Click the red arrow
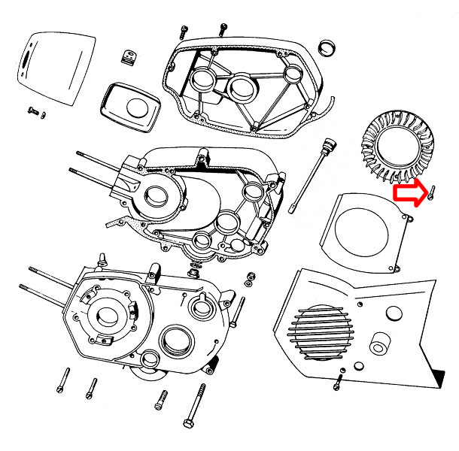coord(409,195)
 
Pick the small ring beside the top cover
coord(328,47)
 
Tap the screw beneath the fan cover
coord(338,384)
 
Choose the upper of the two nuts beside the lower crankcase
coord(248,277)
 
